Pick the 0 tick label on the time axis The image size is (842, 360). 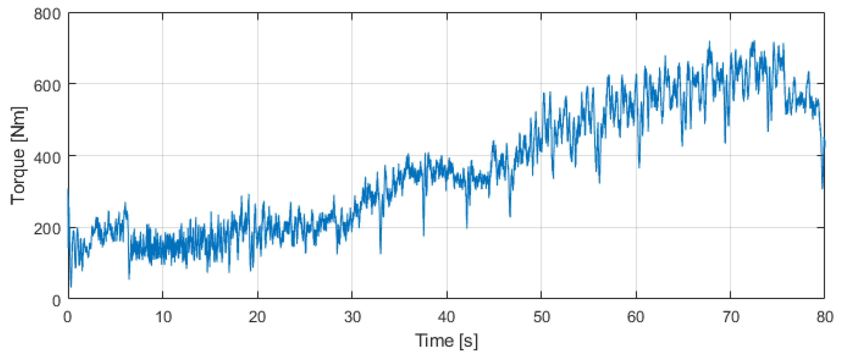tap(68, 317)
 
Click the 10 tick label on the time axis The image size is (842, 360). tap(163, 317)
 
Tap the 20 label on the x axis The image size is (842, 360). tap(257, 317)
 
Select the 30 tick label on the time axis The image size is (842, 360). tap(352, 317)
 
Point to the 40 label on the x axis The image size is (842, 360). tap(446, 317)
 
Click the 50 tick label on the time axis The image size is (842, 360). tap(542, 317)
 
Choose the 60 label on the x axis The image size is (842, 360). tap(636, 317)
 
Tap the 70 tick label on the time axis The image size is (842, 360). tap(731, 317)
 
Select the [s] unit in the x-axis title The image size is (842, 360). tap(468, 341)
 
